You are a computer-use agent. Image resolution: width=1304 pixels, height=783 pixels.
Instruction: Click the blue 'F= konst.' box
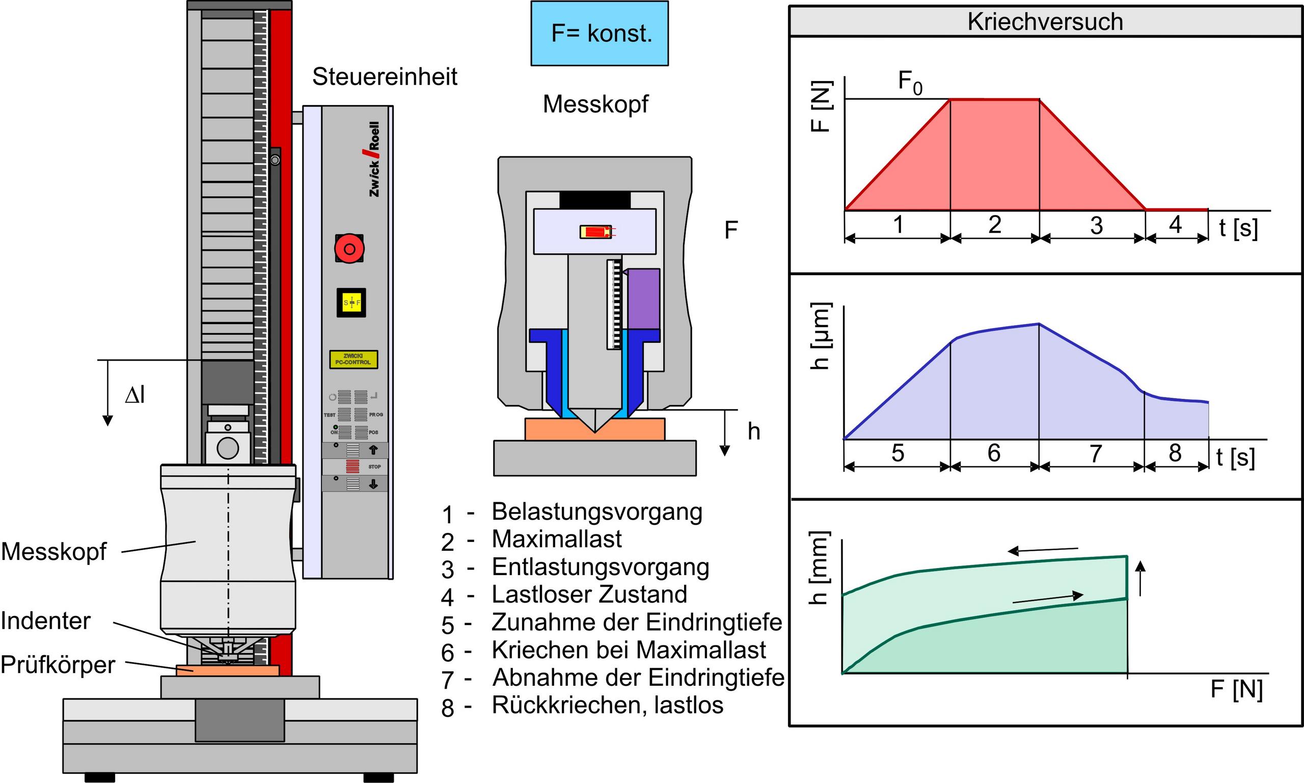point(600,33)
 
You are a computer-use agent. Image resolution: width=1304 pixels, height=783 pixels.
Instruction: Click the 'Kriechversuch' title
point(1045,21)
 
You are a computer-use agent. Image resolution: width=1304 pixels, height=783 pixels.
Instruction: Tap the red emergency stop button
point(349,248)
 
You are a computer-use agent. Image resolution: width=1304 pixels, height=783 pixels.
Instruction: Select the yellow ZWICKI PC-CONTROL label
point(354,359)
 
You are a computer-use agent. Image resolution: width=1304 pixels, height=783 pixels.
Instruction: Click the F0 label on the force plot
point(910,83)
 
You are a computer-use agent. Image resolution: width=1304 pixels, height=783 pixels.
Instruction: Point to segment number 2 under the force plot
point(994,225)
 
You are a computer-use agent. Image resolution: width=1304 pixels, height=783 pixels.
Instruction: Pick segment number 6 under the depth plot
point(994,453)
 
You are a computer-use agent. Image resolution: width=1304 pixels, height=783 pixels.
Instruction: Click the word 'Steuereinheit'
point(385,77)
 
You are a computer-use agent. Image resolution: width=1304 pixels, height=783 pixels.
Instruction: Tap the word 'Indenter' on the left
point(46,621)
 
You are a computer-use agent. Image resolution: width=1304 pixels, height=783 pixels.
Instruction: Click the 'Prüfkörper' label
point(58,665)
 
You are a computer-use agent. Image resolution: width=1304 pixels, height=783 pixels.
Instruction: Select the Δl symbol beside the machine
point(135,395)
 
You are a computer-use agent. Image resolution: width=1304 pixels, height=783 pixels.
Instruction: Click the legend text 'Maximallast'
point(557,539)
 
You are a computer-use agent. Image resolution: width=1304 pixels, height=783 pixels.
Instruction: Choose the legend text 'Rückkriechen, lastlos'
point(608,706)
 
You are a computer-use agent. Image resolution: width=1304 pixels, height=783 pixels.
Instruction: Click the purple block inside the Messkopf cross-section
point(643,299)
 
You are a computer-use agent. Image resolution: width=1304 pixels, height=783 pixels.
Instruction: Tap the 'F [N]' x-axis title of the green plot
point(1236,690)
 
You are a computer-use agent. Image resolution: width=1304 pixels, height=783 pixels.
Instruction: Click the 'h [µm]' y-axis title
point(821,336)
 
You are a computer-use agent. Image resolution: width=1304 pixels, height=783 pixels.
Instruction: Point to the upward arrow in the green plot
point(1140,578)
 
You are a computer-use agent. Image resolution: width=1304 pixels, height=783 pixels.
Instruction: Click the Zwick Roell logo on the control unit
point(374,159)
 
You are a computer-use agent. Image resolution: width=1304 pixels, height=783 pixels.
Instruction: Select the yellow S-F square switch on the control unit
point(351,303)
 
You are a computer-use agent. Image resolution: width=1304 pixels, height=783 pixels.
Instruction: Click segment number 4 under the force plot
point(1175,225)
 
